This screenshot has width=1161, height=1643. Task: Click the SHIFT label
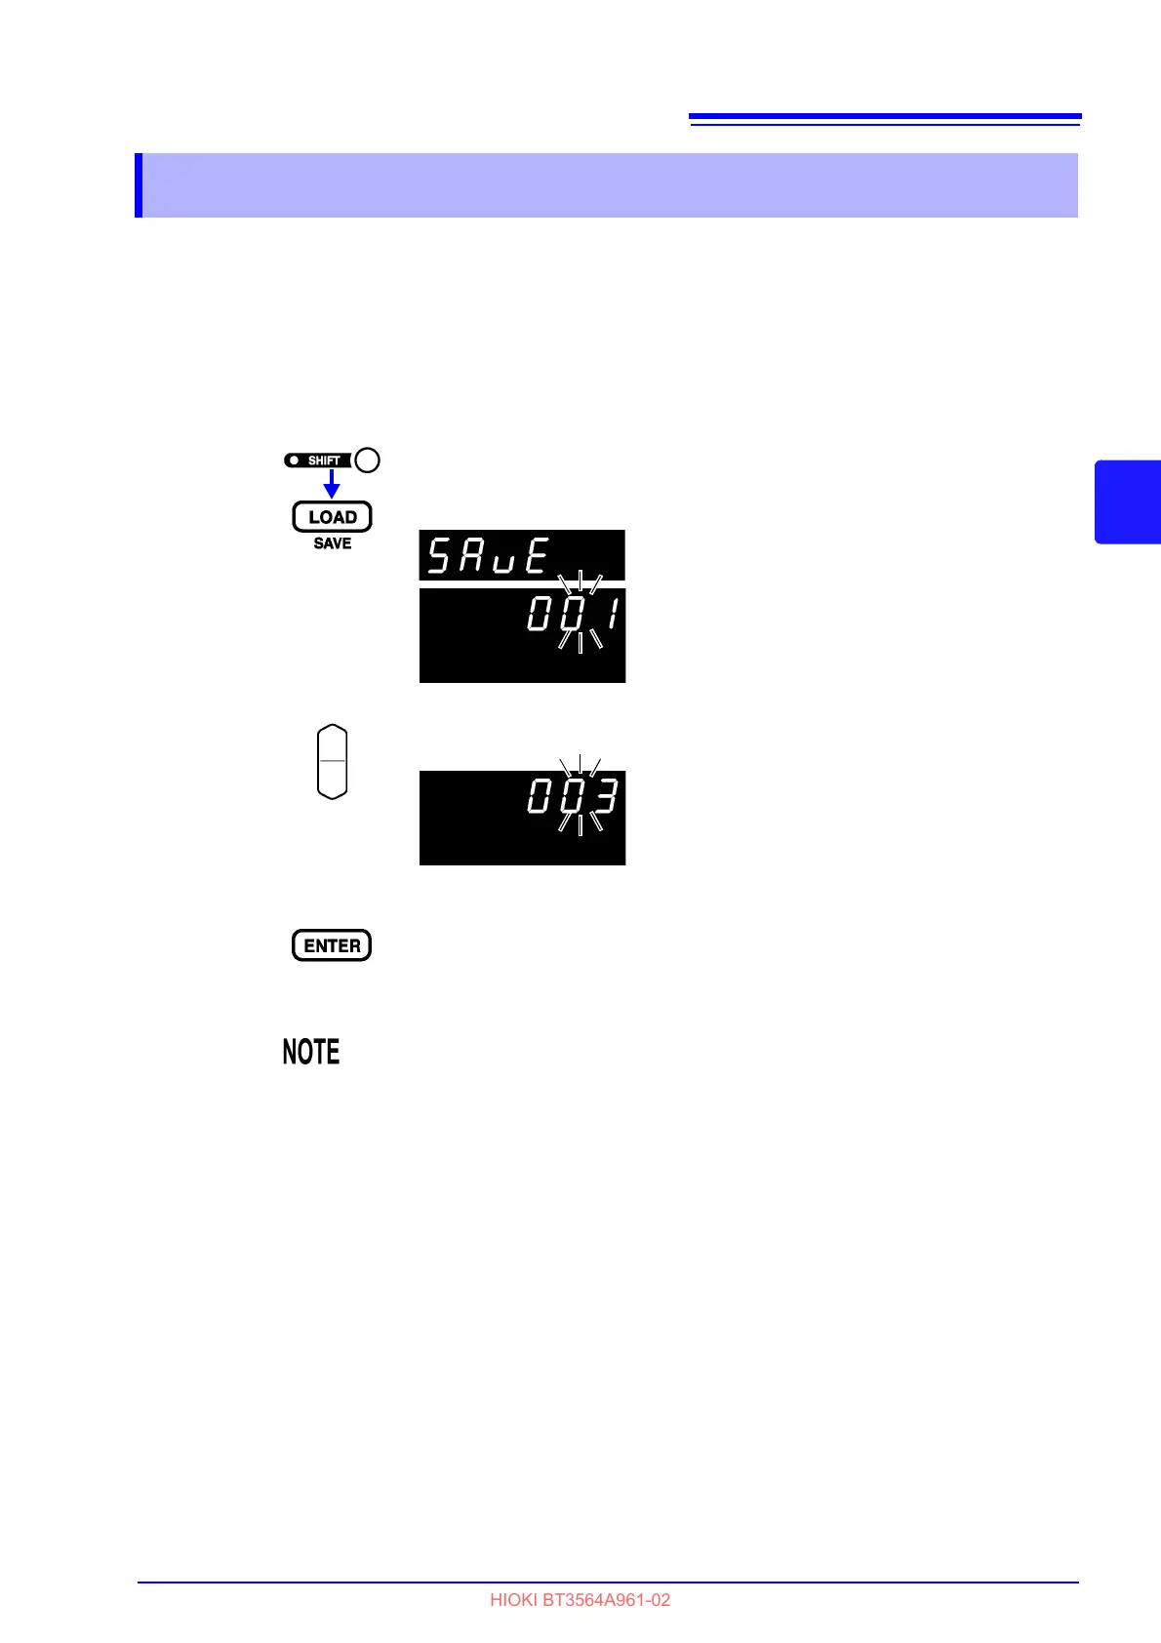pyautogui.click(x=323, y=461)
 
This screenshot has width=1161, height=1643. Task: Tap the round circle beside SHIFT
pyautogui.click(x=367, y=461)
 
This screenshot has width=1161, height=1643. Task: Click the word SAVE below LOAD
pyautogui.click(x=332, y=543)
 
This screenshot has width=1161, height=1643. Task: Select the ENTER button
pyautogui.click(x=332, y=945)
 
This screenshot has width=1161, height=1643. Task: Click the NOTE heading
pyautogui.click(x=311, y=1052)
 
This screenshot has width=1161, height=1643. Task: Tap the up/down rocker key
pyautogui.click(x=333, y=762)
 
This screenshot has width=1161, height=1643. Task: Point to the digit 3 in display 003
pyautogui.click(x=606, y=798)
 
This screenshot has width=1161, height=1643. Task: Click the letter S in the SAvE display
pyautogui.click(x=440, y=556)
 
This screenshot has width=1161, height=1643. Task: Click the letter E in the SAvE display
pyautogui.click(x=537, y=556)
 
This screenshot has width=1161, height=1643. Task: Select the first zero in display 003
pyautogui.click(x=540, y=798)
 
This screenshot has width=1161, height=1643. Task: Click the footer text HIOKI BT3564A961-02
pyautogui.click(x=580, y=1600)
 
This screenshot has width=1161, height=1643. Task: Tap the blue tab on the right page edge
pyautogui.click(x=1128, y=501)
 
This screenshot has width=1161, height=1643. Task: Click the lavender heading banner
pyautogui.click(x=605, y=185)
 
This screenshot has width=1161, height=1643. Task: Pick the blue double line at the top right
pyautogui.click(x=885, y=119)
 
